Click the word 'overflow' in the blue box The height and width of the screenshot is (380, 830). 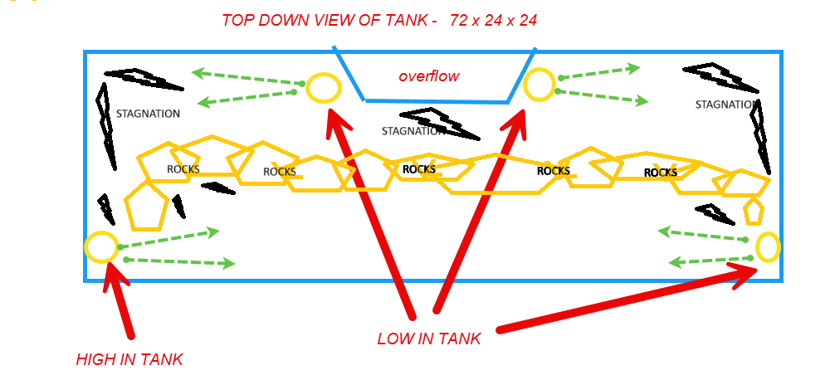point(429,76)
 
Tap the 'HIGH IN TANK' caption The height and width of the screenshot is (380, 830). point(129,360)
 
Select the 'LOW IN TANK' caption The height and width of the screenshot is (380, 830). point(429,339)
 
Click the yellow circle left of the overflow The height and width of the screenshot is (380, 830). point(323,88)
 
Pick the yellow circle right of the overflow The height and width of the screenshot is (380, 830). point(539,85)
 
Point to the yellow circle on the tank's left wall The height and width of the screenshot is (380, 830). point(101,247)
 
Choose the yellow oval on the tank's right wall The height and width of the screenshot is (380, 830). point(768,247)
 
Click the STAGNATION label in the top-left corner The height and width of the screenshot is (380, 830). point(149,114)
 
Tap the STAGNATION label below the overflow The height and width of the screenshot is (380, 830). point(413,131)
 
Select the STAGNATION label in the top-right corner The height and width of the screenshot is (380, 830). point(725,105)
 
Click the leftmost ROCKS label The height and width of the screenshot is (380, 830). point(183,169)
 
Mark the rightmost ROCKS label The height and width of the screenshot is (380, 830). point(661,173)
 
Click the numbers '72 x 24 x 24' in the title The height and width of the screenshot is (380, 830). point(493,21)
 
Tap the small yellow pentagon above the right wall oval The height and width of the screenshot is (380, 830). point(754,212)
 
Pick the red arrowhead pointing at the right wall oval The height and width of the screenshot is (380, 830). point(744,274)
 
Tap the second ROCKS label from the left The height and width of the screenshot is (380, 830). point(280,172)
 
